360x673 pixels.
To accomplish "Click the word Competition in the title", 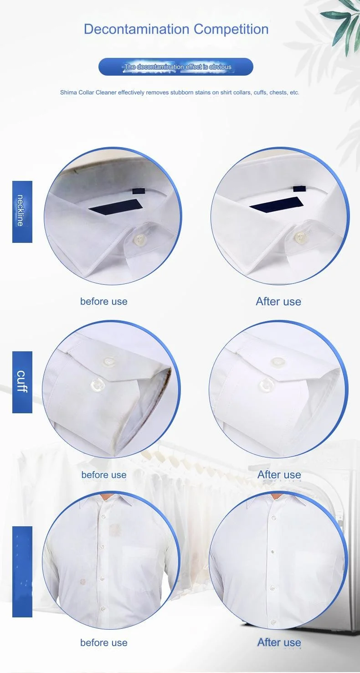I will (231, 29).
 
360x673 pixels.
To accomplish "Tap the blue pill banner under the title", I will (175, 67).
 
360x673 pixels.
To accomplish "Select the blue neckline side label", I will (22, 211).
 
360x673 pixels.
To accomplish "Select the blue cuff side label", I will (22, 382).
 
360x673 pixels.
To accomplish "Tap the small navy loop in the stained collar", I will (135, 190).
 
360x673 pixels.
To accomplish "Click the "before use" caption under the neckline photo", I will (104, 302).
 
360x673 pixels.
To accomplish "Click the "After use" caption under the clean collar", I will (278, 302).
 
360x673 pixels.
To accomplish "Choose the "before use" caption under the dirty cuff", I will (104, 475).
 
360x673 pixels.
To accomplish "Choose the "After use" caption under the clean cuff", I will (279, 475).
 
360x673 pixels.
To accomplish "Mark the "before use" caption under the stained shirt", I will (104, 642).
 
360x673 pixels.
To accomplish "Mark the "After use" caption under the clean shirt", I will (279, 642).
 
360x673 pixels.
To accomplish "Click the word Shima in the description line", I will (68, 92).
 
